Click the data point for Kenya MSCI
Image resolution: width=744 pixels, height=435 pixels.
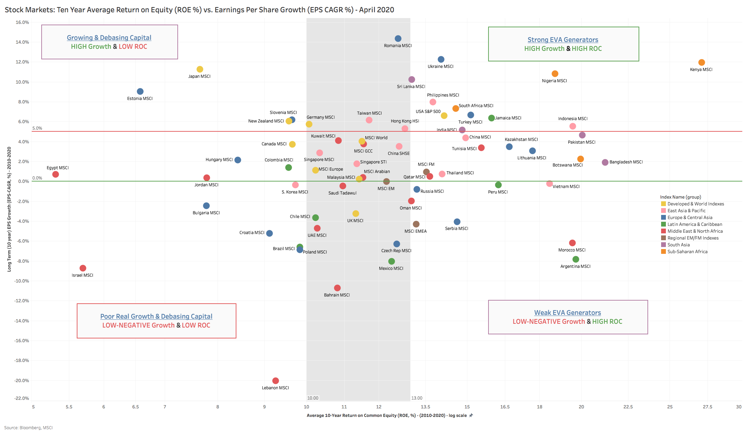[701, 62]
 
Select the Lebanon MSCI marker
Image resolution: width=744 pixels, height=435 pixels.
[276, 381]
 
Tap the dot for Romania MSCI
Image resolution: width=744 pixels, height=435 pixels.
[398, 39]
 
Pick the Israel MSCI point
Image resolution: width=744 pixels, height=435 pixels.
[83, 268]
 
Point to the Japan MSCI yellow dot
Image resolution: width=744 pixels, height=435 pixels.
[200, 69]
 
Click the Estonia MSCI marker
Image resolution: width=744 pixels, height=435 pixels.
[140, 91]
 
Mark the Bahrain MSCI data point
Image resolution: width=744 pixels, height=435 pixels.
[337, 288]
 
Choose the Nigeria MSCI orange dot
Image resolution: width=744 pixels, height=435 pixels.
[555, 74]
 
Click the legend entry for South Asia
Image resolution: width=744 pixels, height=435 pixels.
[678, 245]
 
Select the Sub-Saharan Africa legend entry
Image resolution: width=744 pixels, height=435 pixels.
[687, 251]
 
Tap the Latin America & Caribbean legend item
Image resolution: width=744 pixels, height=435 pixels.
[695, 224]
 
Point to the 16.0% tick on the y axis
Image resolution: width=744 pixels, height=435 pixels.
[23, 22]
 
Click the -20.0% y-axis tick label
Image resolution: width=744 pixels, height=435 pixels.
[22, 380]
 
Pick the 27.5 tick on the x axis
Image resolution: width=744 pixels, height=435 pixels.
[707, 407]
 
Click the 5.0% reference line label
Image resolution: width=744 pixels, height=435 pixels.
[37, 128]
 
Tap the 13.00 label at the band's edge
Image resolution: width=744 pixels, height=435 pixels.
[417, 398]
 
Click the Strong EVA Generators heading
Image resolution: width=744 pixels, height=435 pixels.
[563, 40]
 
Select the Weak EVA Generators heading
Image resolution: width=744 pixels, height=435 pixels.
[568, 313]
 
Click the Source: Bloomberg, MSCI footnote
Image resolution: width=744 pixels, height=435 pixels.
[28, 427]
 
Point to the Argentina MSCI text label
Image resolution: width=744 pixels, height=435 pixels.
[575, 266]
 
